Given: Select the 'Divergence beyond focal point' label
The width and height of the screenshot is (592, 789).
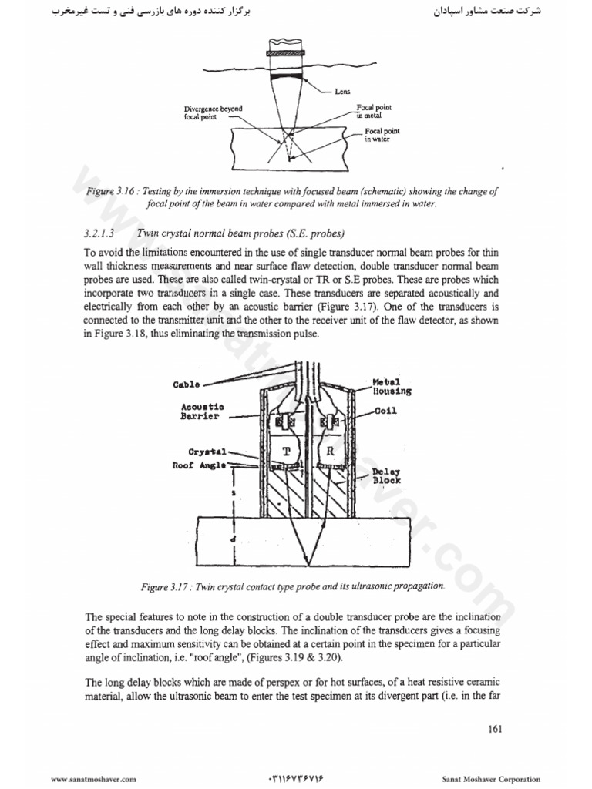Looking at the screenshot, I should tap(209, 113).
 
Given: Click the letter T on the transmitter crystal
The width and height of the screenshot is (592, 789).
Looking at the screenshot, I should tap(285, 452).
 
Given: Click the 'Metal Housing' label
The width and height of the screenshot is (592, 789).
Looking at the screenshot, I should tap(392, 386).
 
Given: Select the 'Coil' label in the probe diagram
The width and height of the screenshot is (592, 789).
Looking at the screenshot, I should tap(385, 411).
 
